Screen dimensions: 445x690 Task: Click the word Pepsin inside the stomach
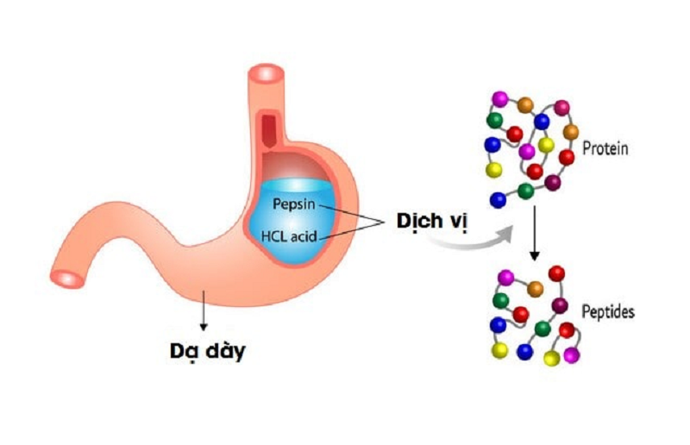click(x=292, y=204)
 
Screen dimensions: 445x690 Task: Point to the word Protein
click(x=605, y=148)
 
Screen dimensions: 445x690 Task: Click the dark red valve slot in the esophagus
click(x=270, y=130)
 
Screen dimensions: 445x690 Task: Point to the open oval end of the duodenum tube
click(x=67, y=278)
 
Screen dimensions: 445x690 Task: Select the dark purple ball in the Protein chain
click(x=553, y=183)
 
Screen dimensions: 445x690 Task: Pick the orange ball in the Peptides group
click(x=536, y=288)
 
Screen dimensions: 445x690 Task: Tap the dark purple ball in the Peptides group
click(x=560, y=305)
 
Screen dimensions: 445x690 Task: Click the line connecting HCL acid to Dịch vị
click(x=354, y=229)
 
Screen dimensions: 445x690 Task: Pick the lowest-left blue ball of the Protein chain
click(x=498, y=200)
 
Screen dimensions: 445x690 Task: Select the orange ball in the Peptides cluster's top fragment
click(x=536, y=288)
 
